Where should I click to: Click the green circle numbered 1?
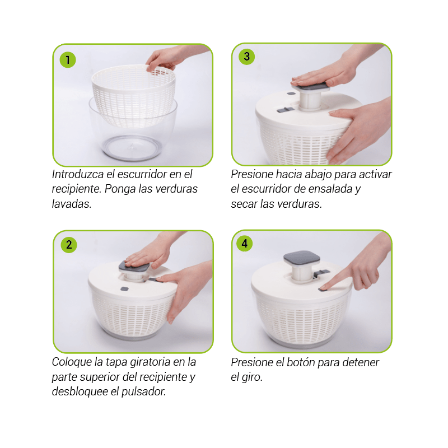[x=68, y=60]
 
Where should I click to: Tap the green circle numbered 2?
[x=69, y=245]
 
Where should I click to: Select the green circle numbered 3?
[x=246, y=57]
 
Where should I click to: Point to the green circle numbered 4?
[x=245, y=244]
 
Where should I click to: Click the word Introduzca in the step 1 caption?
[x=78, y=174]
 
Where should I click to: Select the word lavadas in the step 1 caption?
[x=71, y=204]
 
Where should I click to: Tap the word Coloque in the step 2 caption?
[x=72, y=362]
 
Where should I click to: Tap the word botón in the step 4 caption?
[x=301, y=362]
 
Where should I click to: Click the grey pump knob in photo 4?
[x=301, y=258]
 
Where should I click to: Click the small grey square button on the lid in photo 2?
[x=124, y=289]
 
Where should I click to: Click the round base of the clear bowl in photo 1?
[x=132, y=147]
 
